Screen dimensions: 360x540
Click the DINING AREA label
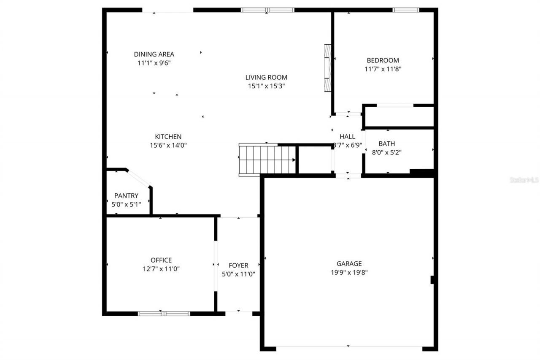(x=154, y=54)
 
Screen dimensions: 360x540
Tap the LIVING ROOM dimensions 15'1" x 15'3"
(x=266, y=86)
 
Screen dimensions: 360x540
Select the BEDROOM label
(x=383, y=60)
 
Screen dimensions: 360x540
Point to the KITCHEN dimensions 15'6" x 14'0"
(x=168, y=145)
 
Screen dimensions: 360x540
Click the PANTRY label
(x=126, y=195)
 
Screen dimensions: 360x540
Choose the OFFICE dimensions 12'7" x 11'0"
(x=161, y=268)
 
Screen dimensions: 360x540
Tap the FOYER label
(x=238, y=265)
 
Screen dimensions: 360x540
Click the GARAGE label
(x=349, y=264)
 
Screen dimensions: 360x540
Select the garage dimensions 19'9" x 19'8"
(x=349, y=272)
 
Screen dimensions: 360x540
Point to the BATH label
(x=386, y=144)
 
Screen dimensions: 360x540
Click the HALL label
(x=347, y=137)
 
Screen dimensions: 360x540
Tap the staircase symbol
(x=267, y=160)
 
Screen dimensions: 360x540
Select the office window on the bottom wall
(x=164, y=314)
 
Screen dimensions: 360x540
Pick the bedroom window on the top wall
(x=406, y=10)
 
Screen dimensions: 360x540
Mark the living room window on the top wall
(x=267, y=10)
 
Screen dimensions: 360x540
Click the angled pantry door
(x=139, y=179)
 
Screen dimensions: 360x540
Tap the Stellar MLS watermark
(x=524, y=180)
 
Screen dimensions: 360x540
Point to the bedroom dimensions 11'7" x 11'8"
(x=383, y=69)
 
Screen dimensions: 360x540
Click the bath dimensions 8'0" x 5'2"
(x=386, y=152)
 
